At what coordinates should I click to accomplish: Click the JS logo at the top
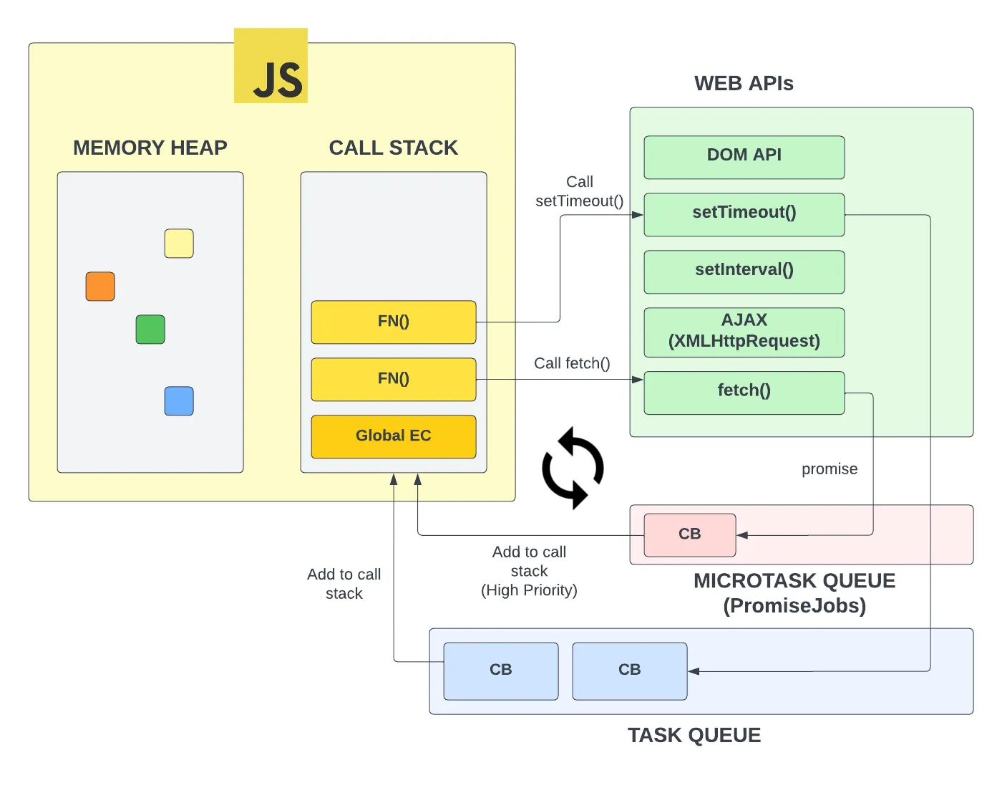tap(271, 66)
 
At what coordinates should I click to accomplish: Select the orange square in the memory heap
tap(100, 287)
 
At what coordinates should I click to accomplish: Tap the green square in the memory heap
tap(150, 330)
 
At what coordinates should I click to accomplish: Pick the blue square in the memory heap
tap(179, 401)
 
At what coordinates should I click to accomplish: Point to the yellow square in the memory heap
tap(179, 244)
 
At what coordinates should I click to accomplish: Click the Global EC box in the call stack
tap(394, 436)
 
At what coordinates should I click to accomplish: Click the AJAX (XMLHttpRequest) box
tap(744, 332)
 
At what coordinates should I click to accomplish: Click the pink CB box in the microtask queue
tap(690, 534)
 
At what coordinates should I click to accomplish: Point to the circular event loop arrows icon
tap(573, 468)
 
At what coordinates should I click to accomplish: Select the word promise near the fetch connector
tap(830, 469)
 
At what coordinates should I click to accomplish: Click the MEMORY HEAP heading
tap(150, 148)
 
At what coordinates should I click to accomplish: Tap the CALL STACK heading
tap(394, 148)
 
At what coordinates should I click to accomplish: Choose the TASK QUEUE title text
tap(694, 736)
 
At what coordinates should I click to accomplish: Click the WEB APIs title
tap(744, 84)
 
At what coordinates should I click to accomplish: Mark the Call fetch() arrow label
tap(572, 364)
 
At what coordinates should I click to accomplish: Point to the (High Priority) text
tap(529, 590)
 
